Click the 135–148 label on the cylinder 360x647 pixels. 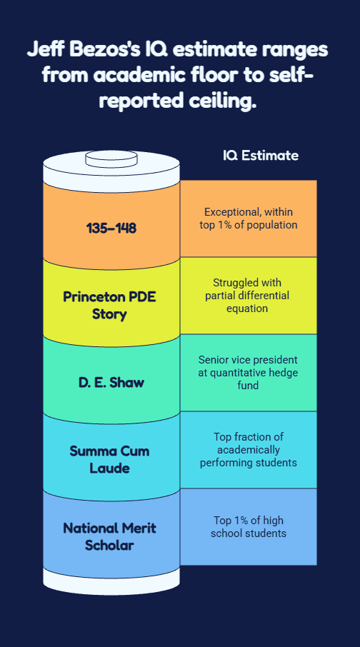tap(111, 228)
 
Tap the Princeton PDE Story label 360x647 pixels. tap(109, 306)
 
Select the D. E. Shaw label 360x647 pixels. tap(111, 383)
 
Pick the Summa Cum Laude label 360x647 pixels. tap(109, 459)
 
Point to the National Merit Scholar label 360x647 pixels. tap(109, 536)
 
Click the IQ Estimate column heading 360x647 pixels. tap(261, 156)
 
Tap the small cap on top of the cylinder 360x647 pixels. tap(111, 159)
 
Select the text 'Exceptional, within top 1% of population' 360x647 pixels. tap(249, 219)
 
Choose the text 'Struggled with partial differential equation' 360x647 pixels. tap(247, 296)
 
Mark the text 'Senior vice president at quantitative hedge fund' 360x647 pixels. tap(248, 373)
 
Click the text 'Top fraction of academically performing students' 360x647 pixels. tap(249, 450)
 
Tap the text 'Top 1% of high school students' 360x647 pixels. tap(249, 526)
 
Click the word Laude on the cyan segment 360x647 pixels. tap(109, 468)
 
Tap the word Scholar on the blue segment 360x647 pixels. tap(109, 546)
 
